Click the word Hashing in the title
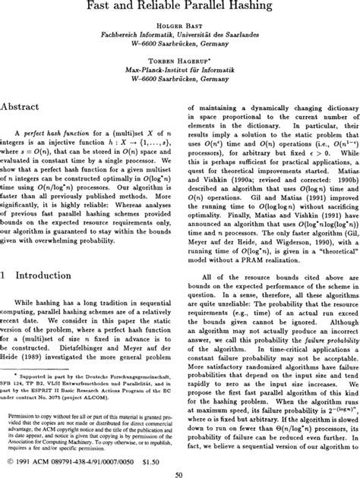point(260,7)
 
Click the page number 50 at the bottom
point(180,473)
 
